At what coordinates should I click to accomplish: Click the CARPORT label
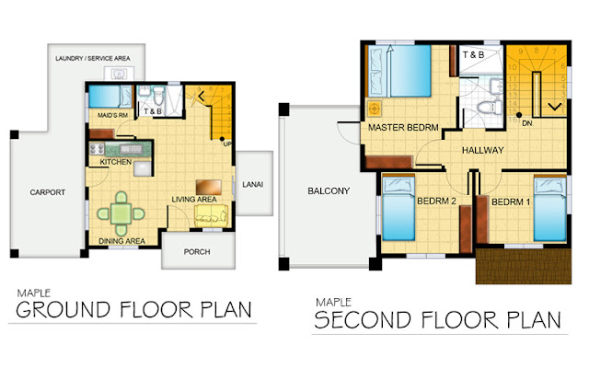tap(47, 192)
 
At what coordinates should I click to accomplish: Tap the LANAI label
tap(252, 184)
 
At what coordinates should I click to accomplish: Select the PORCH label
tap(197, 251)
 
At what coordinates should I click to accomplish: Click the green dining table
tap(121, 213)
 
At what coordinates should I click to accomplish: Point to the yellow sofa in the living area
tap(211, 216)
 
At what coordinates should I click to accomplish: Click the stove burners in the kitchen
tap(97, 149)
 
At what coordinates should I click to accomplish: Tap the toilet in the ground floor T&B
tap(159, 96)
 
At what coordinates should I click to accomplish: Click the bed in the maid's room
tap(110, 97)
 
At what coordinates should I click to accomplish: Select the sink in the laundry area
tap(119, 74)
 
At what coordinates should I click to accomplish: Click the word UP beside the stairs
tap(227, 144)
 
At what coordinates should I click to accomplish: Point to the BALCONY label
tap(329, 190)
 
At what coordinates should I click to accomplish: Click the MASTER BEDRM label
tap(403, 128)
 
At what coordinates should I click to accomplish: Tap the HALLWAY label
tap(482, 150)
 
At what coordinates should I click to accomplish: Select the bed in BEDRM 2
tap(398, 209)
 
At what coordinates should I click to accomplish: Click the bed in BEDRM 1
tap(550, 209)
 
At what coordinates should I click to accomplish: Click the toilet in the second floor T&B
tap(489, 108)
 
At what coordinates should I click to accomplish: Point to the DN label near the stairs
tap(527, 123)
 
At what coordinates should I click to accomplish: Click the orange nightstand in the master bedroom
tap(375, 109)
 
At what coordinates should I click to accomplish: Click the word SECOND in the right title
tap(363, 320)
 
